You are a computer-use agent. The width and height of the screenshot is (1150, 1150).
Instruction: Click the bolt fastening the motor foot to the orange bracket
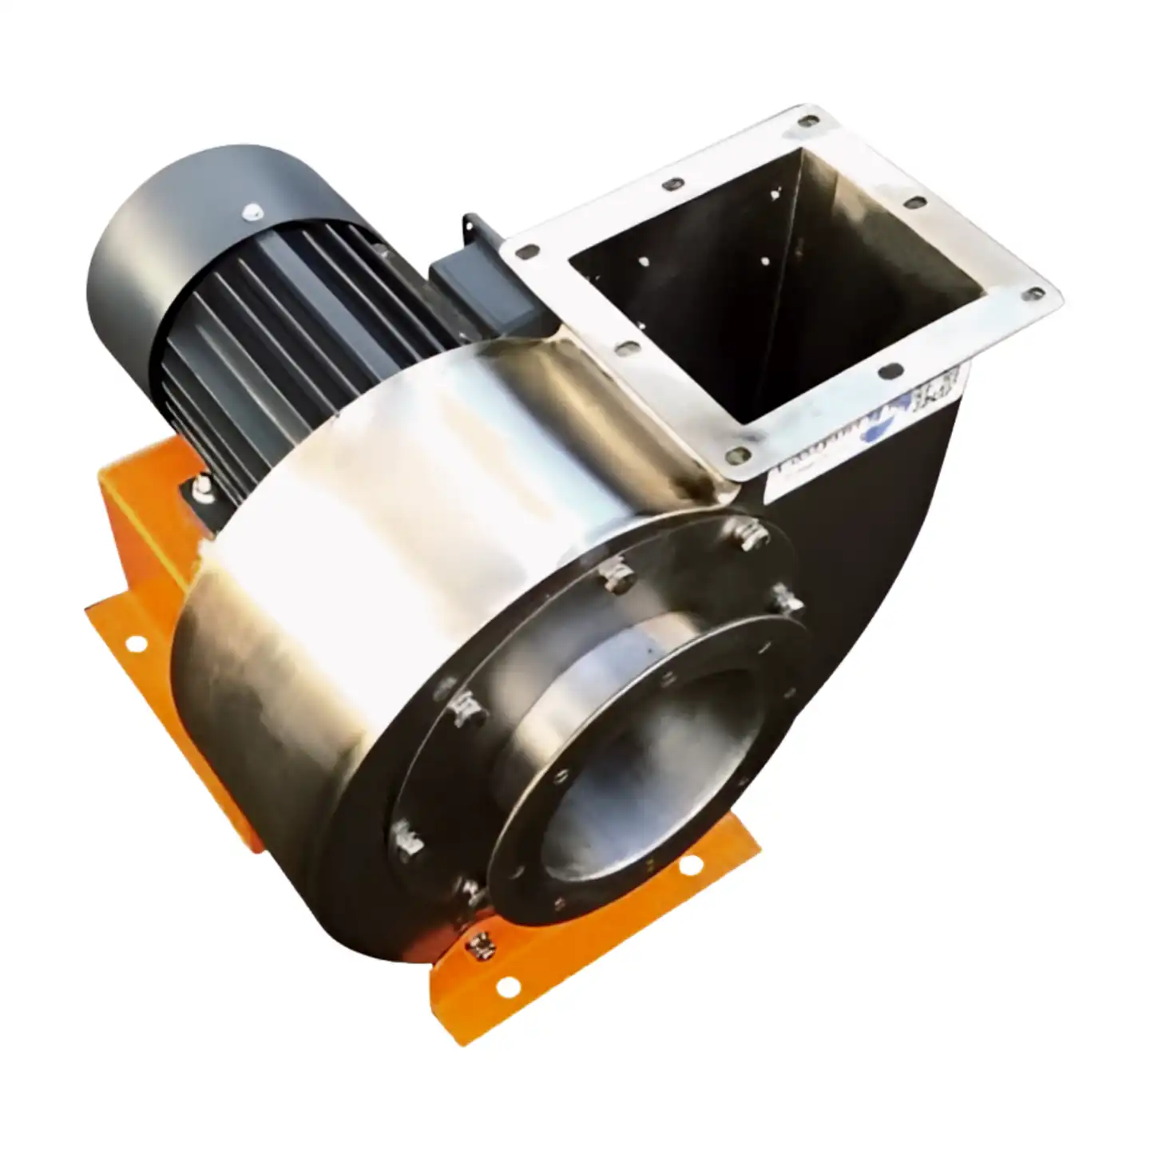(x=200, y=487)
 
